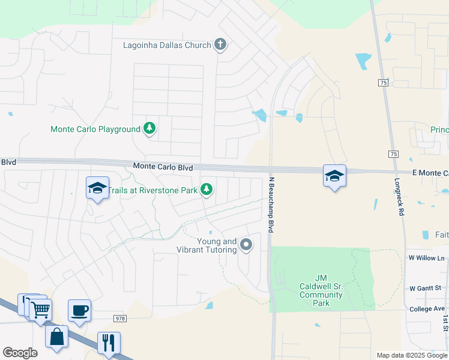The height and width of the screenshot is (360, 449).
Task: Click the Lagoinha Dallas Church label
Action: click(167, 45)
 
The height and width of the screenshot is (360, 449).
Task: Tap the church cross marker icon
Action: click(220, 44)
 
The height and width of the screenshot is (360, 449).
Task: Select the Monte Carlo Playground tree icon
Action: click(149, 128)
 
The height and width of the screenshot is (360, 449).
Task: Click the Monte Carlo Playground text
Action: click(95, 129)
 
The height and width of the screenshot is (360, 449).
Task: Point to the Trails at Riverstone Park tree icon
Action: click(206, 190)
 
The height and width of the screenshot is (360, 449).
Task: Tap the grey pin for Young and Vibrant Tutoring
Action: click(246, 244)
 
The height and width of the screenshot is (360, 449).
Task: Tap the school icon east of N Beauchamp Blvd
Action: click(334, 176)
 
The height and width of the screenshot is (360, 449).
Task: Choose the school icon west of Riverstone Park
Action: click(97, 188)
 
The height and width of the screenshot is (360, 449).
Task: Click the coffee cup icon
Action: click(79, 311)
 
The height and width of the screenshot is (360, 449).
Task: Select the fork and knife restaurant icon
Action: click(109, 343)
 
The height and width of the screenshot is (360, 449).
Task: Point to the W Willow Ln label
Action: click(427, 258)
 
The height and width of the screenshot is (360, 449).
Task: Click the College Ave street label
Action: click(427, 309)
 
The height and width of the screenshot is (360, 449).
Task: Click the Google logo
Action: click(20, 353)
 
